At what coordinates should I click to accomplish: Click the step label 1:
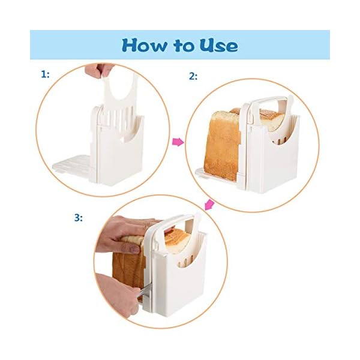[x=45, y=74]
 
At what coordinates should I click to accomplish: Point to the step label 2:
[x=193, y=76]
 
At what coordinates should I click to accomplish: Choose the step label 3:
[x=78, y=217]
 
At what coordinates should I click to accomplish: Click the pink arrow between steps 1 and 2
[x=177, y=142]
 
